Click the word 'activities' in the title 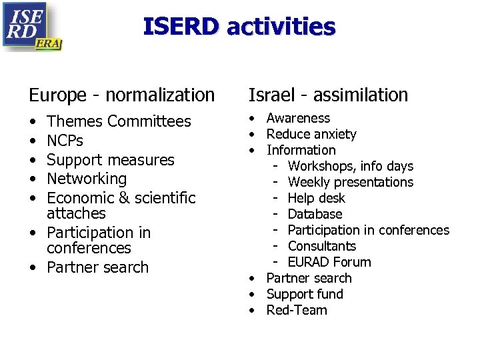[281, 27]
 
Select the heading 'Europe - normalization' [121, 95]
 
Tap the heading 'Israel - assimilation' [328, 95]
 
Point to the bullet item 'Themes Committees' [119, 121]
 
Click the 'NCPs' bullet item [65, 141]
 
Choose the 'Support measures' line [110, 160]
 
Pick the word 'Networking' [87, 179]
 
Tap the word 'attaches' [76, 213]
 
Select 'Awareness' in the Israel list [298, 118]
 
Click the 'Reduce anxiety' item [311, 134]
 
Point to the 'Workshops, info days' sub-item [351, 166]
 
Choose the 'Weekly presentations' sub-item [351, 182]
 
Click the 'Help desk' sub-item [317, 198]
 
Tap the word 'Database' [315, 214]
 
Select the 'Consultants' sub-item [322, 246]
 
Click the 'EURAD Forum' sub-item [329, 262]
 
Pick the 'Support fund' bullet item [305, 294]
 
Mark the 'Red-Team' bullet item [297, 310]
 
